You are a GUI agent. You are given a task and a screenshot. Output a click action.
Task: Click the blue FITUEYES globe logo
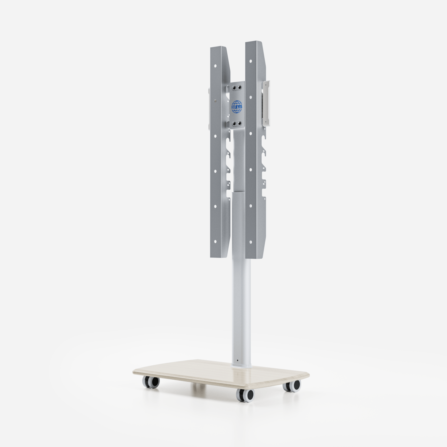(237, 107)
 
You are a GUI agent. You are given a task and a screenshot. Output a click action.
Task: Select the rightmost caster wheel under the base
(292, 386)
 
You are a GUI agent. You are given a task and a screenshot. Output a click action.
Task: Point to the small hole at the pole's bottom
(237, 360)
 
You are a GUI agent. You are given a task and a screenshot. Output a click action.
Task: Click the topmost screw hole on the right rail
(251, 61)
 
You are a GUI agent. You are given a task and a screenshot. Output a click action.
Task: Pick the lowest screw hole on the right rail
(251, 242)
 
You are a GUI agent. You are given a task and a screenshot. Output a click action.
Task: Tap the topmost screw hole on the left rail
(215, 65)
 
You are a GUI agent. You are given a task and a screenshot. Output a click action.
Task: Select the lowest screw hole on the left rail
(215, 241)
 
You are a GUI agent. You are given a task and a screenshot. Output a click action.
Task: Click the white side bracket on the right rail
(266, 103)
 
